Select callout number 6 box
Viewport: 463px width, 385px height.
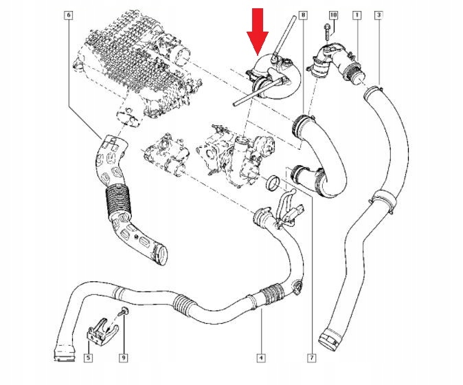coord(67,14)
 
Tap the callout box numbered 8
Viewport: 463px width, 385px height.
coord(304,14)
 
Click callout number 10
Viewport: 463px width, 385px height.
coord(332,14)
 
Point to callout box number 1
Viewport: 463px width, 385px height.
coord(355,14)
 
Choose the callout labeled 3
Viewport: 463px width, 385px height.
coord(379,14)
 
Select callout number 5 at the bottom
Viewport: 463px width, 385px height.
coord(89,357)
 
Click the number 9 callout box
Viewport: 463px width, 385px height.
coord(124,357)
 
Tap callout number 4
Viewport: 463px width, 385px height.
coord(261,357)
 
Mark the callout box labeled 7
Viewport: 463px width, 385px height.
coord(311,357)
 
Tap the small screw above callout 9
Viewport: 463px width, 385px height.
coord(122,313)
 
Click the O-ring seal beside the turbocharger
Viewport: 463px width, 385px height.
coord(273,183)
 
